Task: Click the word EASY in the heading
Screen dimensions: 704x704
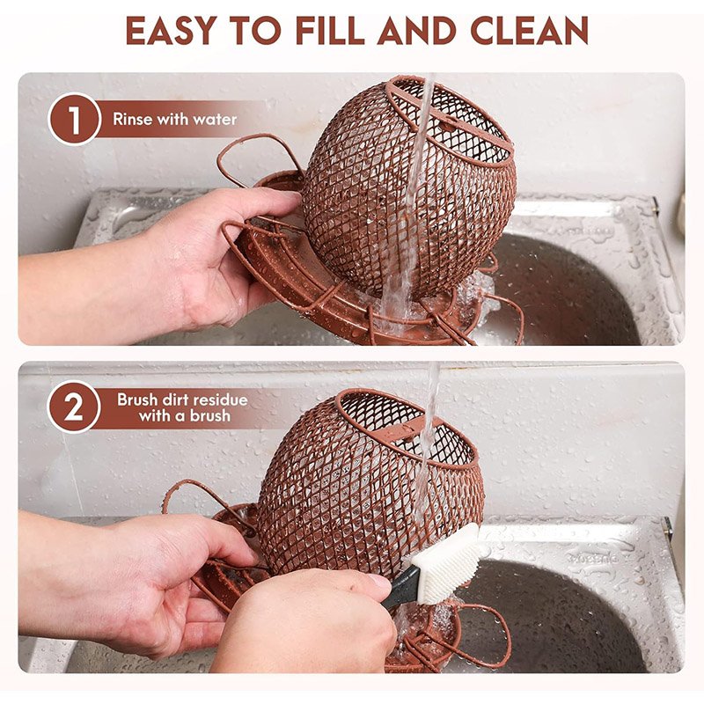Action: coord(171,31)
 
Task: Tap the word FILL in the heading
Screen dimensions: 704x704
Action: coord(330,31)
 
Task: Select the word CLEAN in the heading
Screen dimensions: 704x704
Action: coord(530,31)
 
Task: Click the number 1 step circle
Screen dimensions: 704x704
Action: coord(74,119)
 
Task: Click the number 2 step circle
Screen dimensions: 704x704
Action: coord(74,407)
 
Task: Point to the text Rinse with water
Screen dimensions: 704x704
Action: coord(174,119)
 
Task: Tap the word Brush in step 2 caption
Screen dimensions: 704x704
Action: coord(137,400)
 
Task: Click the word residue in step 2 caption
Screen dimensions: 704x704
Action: coord(221,400)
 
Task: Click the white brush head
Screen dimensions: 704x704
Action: coord(446,563)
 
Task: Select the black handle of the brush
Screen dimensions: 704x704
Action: coord(403,586)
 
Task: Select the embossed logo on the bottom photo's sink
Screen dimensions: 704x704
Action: coord(592,558)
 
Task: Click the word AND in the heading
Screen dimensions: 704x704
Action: coord(417,31)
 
